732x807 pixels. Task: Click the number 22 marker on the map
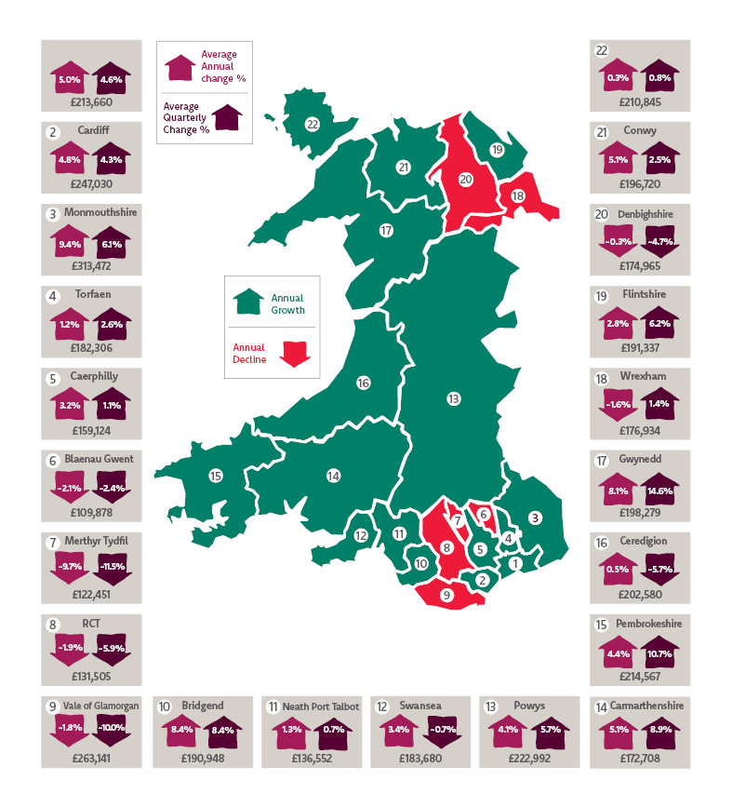pos(313,124)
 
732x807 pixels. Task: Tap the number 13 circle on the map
pos(453,399)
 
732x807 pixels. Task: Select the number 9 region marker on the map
pos(446,595)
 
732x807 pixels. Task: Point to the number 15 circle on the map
pos(216,476)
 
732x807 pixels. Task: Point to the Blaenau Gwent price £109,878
pos(91,513)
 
